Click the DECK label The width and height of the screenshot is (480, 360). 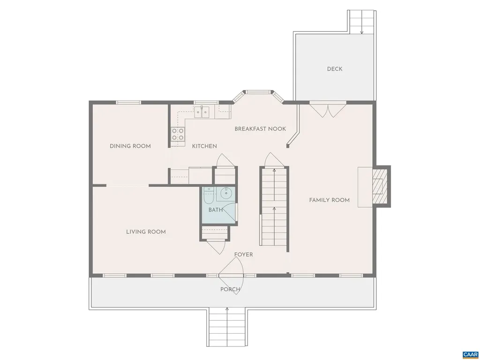coord(335,69)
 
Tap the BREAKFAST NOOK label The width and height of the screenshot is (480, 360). coord(260,129)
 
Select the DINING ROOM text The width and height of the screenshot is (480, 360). coord(130,146)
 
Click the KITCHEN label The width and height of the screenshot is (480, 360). coord(204,146)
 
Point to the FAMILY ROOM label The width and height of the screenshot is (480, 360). coord(329,200)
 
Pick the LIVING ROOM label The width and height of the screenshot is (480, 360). coord(146,232)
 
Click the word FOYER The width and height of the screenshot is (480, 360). coord(244,255)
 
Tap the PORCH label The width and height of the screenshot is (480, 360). coord(230,289)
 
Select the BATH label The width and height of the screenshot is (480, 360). coord(216,210)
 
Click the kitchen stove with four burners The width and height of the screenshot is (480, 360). coord(178,135)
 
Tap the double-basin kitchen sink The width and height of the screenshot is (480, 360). coord(202,111)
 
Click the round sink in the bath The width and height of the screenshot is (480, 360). coord(227,192)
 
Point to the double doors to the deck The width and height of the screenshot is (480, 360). coord(328,110)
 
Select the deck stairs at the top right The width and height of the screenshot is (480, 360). coord(362,22)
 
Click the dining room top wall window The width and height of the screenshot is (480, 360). coord(128,102)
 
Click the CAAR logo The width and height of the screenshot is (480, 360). coord(469,354)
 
